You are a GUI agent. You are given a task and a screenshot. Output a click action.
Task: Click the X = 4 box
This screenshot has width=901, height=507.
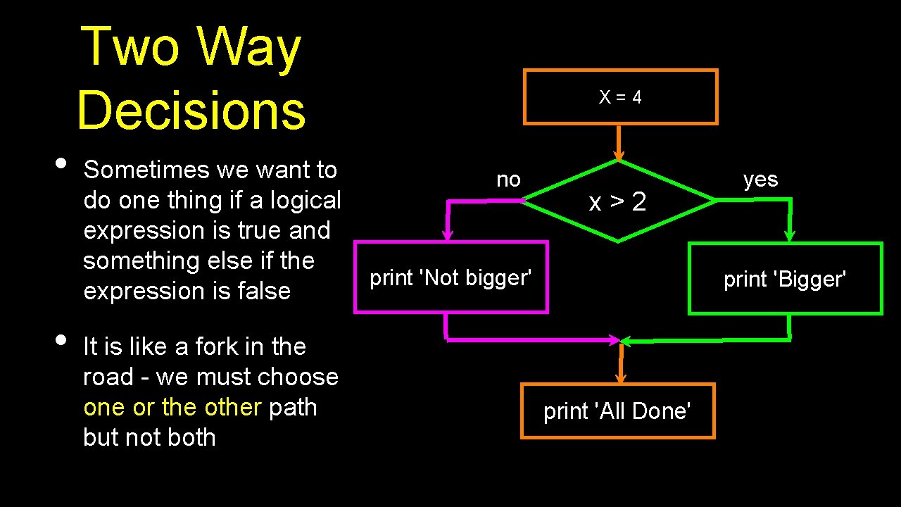pyautogui.click(x=620, y=97)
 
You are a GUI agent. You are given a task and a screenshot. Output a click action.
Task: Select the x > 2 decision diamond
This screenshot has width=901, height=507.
pyautogui.click(x=619, y=202)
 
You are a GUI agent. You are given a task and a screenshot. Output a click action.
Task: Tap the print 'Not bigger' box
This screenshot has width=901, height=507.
pyautogui.click(x=450, y=277)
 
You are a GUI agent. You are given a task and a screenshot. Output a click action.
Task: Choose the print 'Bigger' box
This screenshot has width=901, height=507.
pyautogui.click(x=785, y=279)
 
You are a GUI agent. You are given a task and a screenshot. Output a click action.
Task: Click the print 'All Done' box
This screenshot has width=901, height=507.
pyautogui.click(x=617, y=411)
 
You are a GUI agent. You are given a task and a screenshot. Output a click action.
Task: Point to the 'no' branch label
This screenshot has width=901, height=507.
pyautogui.click(x=508, y=180)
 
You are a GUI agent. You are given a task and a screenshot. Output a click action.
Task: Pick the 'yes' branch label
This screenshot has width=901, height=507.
pyautogui.click(x=760, y=180)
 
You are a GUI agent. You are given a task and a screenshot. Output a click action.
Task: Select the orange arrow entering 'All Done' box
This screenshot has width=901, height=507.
pyautogui.click(x=621, y=363)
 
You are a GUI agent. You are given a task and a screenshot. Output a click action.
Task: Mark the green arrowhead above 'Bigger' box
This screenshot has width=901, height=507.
pyautogui.click(x=790, y=234)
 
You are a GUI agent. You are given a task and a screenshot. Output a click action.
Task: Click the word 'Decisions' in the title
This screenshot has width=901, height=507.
pyautogui.click(x=191, y=111)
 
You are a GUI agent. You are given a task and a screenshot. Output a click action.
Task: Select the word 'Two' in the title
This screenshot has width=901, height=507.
pyautogui.click(x=131, y=46)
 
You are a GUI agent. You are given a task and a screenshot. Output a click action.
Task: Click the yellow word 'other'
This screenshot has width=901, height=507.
pyautogui.click(x=232, y=407)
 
